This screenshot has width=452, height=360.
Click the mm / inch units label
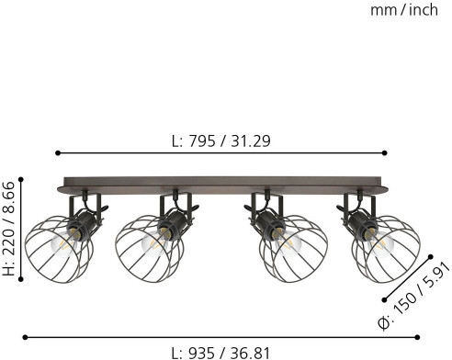click(404, 10)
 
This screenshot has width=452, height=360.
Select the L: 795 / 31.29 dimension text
click(221, 141)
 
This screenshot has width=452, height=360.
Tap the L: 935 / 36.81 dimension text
click(220, 353)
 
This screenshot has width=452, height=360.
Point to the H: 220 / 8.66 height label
click(8, 229)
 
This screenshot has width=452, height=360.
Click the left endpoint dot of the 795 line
click(58, 152)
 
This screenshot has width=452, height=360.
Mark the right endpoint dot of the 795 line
click(385, 152)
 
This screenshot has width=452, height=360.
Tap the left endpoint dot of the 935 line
click(25, 337)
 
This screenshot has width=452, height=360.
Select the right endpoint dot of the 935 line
click(417, 337)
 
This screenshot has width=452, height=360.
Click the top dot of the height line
click(21, 179)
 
